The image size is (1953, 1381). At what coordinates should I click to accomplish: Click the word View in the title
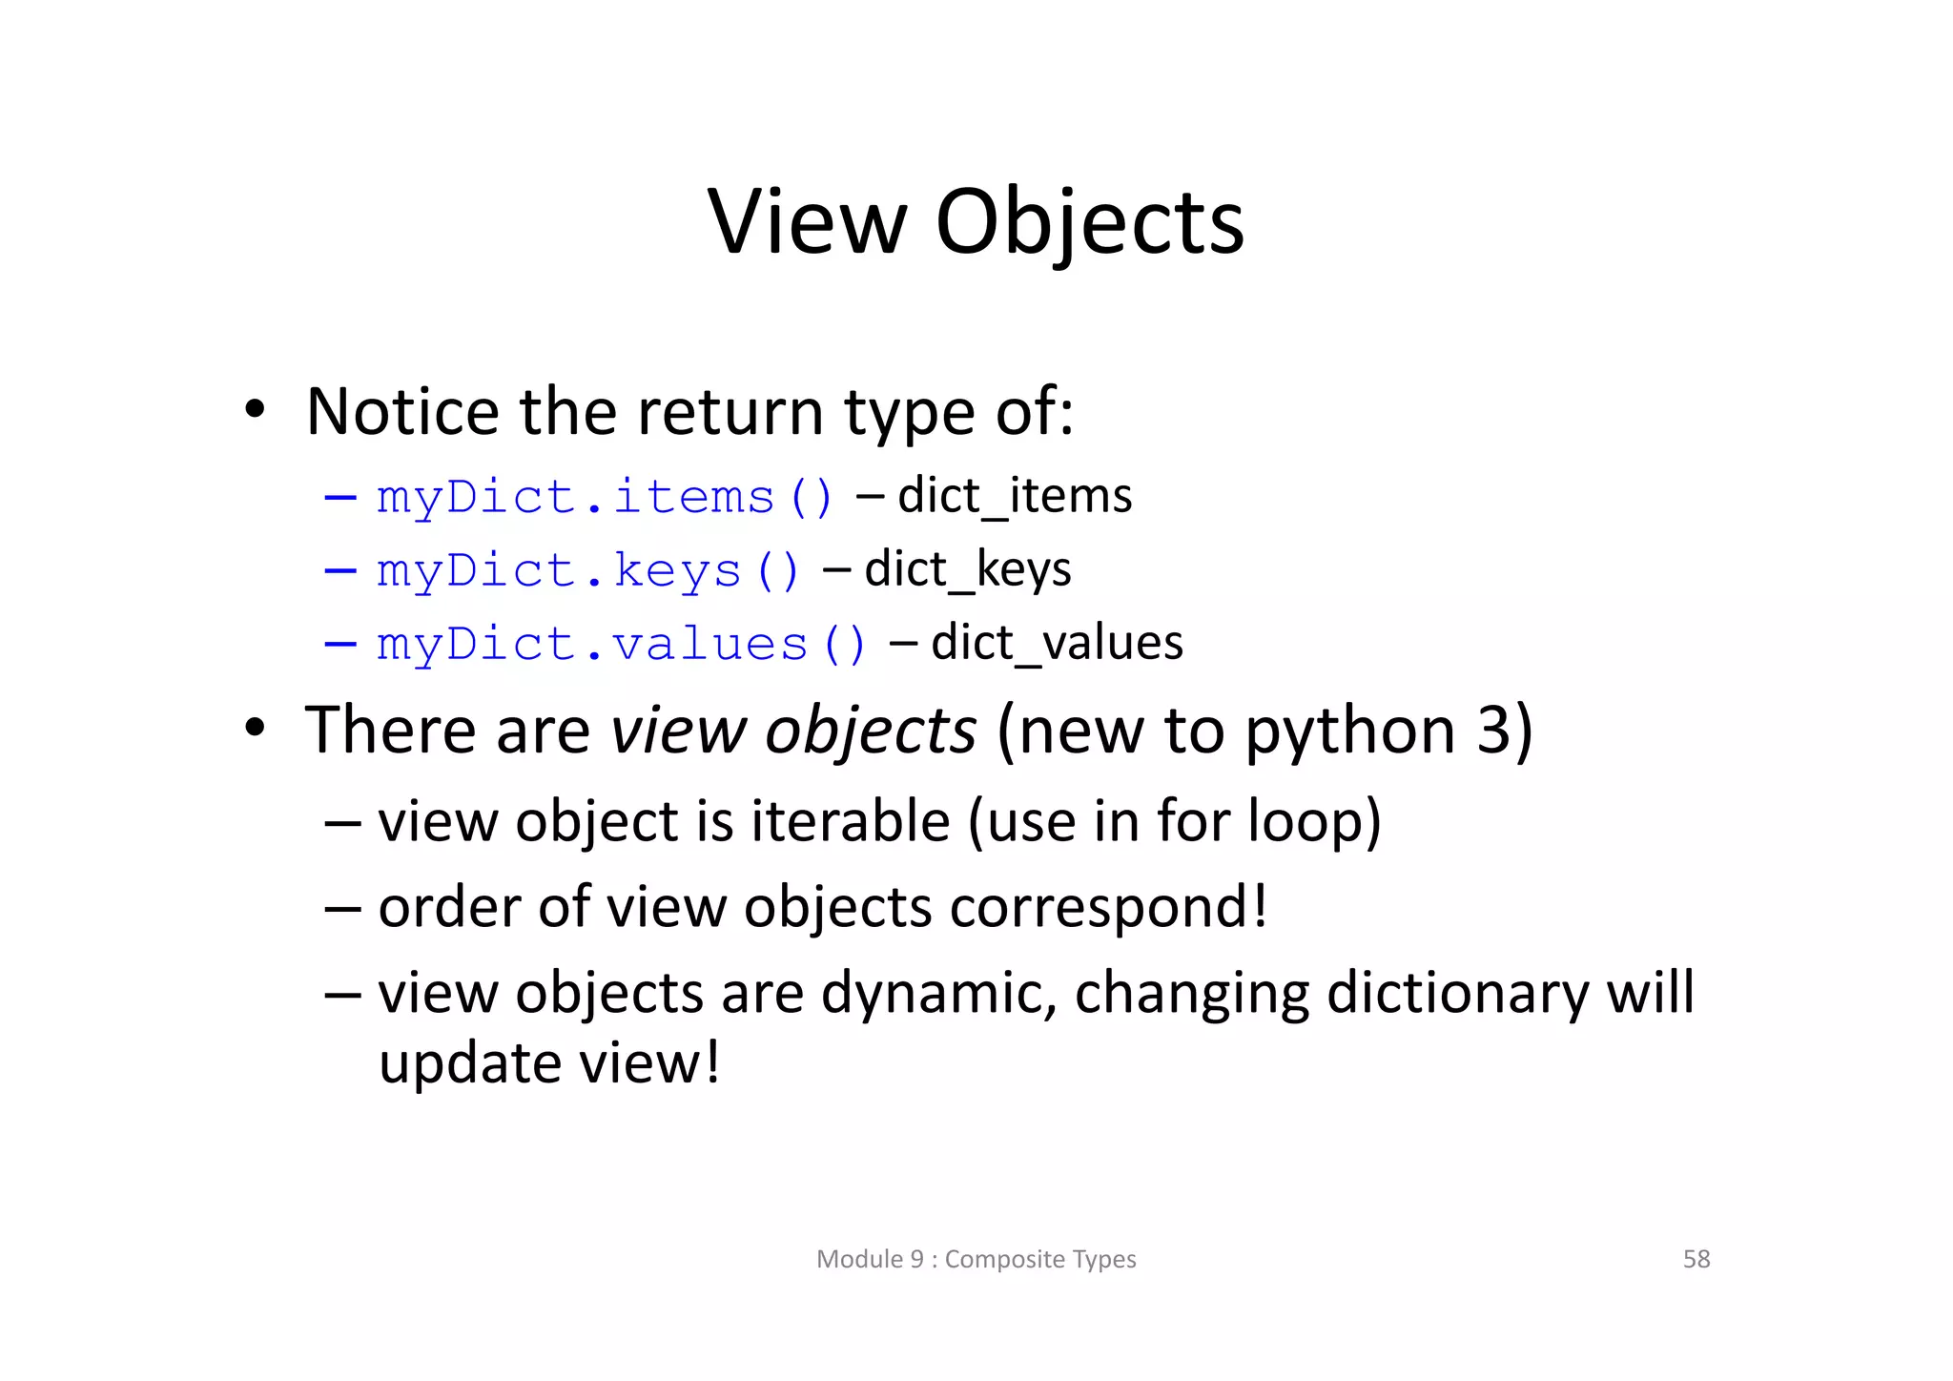(x=807, y=222)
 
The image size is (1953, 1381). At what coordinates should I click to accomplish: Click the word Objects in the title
(x=1090, y=224)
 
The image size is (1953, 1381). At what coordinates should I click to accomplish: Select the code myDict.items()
(x=605, y=497)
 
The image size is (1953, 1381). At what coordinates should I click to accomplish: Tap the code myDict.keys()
(x=587, y=570)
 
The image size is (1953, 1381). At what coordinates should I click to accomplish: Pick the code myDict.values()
(x=621, y=644)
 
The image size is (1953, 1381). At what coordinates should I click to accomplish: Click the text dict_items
(x=1015, y=496)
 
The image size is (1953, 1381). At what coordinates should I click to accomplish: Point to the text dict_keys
(x=968, y=569)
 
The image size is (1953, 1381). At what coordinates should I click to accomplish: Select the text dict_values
(x=1057, y=643)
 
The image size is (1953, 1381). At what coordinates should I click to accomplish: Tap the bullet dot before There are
(x=255, y=729)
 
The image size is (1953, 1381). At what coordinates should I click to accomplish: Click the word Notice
(x=401, y=412)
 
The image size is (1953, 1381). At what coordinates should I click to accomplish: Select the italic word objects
(x=871, y=732)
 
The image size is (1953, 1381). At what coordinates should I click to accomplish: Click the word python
(x=1349, y=732)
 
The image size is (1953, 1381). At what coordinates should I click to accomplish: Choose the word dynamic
(x=938, y=994)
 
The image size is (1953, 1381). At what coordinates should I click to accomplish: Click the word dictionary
(x=1457, y=994)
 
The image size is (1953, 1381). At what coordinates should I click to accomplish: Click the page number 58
(x=1696, y=1259)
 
